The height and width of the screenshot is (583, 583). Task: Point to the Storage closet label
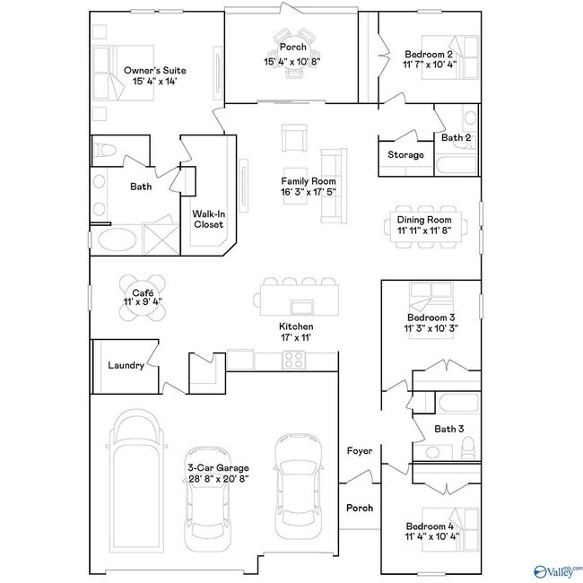point(405,155)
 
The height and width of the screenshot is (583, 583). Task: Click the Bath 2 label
point(456,137)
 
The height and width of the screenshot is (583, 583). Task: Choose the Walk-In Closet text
point(208,219)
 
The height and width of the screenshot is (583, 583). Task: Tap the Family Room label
point(308,181)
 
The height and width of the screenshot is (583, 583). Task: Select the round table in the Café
point(144,293)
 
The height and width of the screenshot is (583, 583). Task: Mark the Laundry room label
point(126,365)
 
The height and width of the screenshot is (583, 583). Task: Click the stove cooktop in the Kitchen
point(295,361)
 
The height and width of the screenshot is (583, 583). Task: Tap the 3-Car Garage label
point(218,467)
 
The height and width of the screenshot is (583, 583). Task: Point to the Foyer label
point(360,451)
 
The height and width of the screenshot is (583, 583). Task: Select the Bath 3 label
point(448,429)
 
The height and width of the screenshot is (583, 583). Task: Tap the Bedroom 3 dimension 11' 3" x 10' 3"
point(431,329)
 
